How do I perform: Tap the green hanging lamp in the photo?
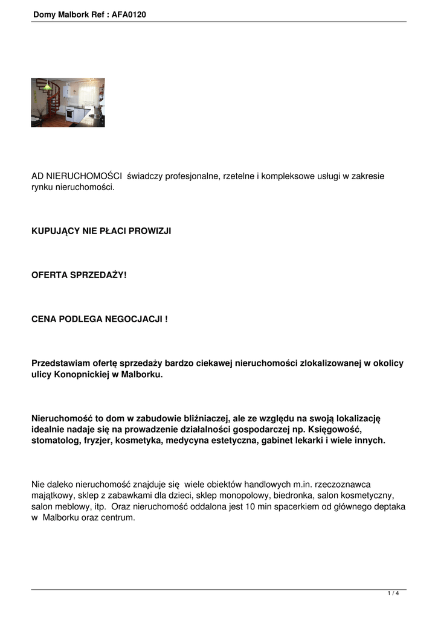[x=46, y=87]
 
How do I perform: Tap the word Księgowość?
[x=335, y=429]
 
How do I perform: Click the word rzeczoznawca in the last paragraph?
[x=345, y=484]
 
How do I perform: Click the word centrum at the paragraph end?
[x=118, y=518]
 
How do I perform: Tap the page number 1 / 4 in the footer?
[x=393, y=594]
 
